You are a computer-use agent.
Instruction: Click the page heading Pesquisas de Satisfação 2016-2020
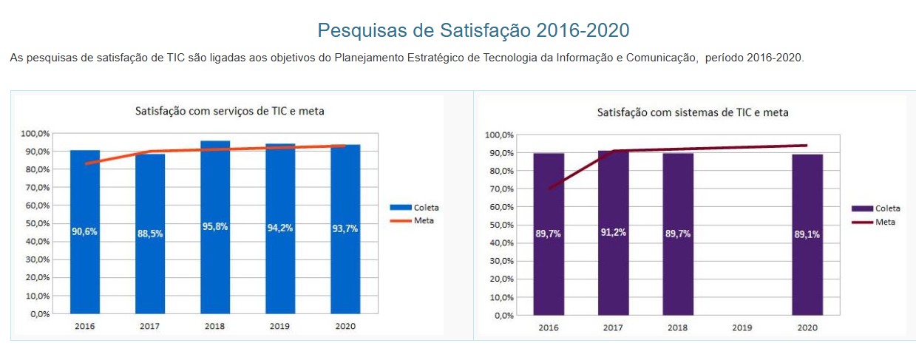[473, 30]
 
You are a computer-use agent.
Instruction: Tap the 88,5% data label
[150, 234]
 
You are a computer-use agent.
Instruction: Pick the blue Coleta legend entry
[414, 208]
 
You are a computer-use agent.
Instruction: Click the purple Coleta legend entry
[876, 209]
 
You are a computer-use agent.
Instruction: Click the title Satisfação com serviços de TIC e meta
[230, 112]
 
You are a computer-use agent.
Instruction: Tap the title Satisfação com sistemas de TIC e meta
[693, 113]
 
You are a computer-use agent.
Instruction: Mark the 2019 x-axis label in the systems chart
[742, 327]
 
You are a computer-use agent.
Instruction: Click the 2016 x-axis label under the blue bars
[85, 325]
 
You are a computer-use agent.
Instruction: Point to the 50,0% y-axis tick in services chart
[35, 223]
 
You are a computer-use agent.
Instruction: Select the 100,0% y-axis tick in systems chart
[499, 135]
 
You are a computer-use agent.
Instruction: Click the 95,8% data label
[215, 227]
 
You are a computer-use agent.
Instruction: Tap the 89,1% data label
[807, 234]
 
